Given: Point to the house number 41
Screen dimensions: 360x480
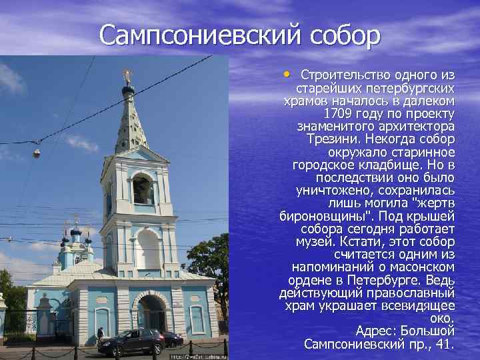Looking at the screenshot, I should click(x=444, y=344).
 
